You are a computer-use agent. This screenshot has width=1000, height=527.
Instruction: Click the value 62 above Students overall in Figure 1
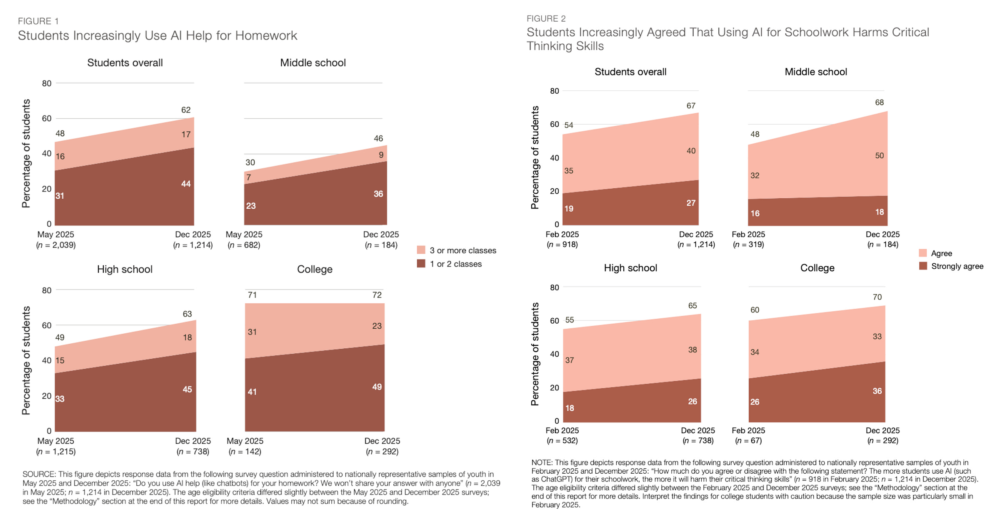tap(186, 110)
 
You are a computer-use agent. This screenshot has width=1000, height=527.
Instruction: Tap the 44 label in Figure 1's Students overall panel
tap(186, 184)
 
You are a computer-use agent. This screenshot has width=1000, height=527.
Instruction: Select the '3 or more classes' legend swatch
tap(421, 250)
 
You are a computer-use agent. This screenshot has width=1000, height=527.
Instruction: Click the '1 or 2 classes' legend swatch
tap(421, 264)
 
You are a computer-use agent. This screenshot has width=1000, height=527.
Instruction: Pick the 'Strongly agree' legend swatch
tap(923, 266)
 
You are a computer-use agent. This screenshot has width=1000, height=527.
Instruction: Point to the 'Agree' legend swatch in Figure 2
tap(923, 253)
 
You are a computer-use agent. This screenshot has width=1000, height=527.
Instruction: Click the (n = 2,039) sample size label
tap(56, 245)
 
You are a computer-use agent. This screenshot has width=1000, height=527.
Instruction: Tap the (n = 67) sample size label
tap(748, 440)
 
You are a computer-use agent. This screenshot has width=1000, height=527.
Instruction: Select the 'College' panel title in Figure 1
tap(315, 269)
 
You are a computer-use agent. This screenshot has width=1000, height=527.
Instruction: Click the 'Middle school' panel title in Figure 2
tap(815, 72)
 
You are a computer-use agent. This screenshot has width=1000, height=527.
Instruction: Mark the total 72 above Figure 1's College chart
tap(377, 295)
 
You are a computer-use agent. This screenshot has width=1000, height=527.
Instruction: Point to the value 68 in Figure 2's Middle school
tap(879, 102)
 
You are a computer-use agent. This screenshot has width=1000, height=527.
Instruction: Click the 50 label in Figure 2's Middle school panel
tap(879, 155)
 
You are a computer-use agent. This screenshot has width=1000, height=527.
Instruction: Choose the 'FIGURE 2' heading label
tap(546, 18)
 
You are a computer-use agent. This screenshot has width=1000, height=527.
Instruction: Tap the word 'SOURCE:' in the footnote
tap(39, 474)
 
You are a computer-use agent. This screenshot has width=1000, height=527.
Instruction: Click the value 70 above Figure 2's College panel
tap(877, 297)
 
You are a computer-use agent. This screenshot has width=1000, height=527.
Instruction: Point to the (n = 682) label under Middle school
tap(244, 245)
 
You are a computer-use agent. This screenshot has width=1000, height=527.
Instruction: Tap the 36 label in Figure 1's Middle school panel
tap(378, 194)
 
